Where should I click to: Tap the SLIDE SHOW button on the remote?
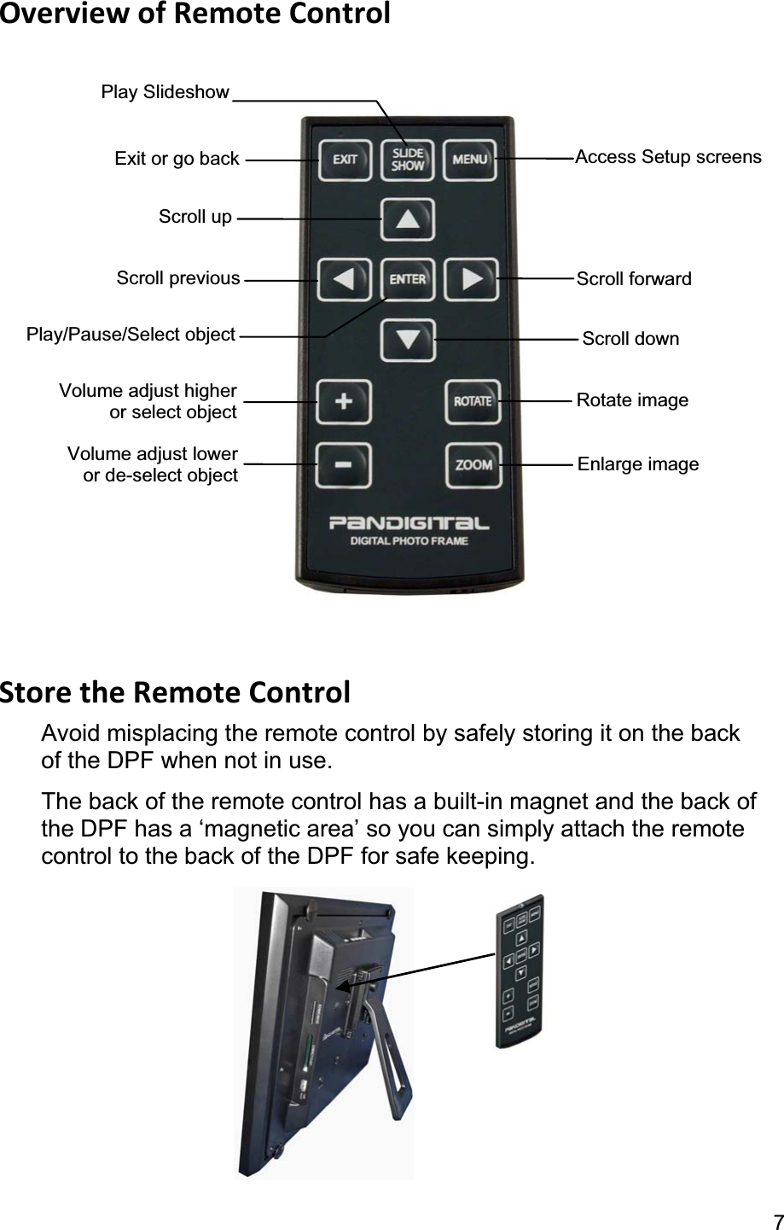tap(408, 160)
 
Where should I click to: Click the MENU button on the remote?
tap(470, 160)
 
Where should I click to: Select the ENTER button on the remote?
tap(408, 279)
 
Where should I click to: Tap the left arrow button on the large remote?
tap(345, 279)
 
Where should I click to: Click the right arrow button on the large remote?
tap(472, 279)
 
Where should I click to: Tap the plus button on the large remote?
tap(344, 401)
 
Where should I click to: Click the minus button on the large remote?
tap(344, 464)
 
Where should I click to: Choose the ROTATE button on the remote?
tap(472, 401)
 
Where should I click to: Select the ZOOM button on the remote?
tap(473, 465)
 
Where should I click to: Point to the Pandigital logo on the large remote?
tap(409, 522)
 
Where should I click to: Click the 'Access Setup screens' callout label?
tap(668, 157)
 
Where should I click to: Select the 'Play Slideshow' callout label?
tap(165, 92)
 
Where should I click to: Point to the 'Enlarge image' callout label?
tap(638, 464)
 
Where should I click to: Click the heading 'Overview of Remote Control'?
tap(195, 15)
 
